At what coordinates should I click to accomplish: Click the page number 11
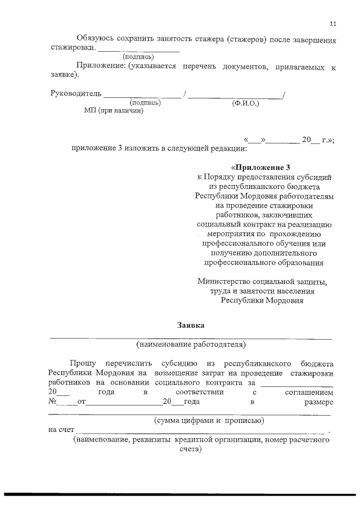coord(333,24)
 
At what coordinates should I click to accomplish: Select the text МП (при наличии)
coord(114,111)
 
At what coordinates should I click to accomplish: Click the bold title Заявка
coord(191,325)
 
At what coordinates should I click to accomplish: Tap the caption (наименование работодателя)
coord(191,344)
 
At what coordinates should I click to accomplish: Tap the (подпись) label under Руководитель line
coord(146,103)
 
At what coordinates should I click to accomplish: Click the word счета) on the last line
coord(190,450)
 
